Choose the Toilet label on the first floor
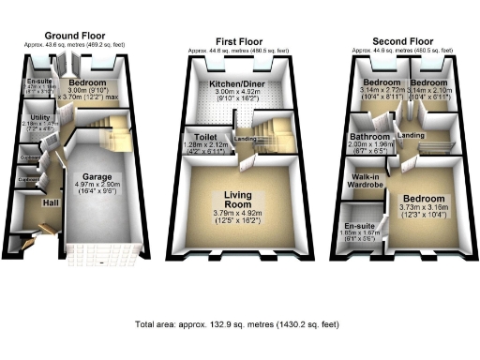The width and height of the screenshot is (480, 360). [x=198, y=136]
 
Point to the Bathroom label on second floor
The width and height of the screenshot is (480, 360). [x=367, y=136]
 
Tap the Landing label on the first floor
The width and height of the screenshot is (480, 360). [x=245, y=141]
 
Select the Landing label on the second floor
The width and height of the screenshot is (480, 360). [x=412, y=136]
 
